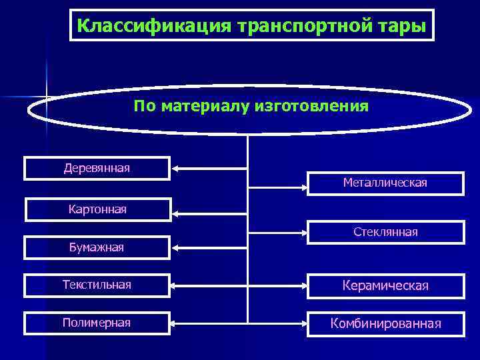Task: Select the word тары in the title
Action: tap(402, 26)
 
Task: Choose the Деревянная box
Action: tap(97, 168)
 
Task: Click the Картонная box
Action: tap(97, 210)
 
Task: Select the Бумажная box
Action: tap(97, 247)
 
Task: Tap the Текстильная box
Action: tap(97, 285)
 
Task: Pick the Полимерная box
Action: tap(97, 323)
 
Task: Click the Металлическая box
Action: tap(385, 183)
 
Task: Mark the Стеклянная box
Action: tap(385, 232)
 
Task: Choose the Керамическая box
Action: tap(385, 285)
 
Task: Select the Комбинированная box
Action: tap(385, 323)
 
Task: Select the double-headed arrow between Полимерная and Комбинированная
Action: tap(239, 324)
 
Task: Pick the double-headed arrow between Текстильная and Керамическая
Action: tap(239, 286)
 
